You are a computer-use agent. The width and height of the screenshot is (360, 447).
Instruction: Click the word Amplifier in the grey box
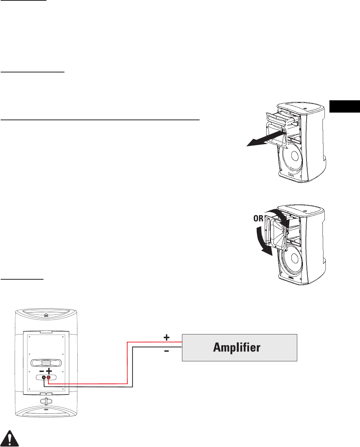pos(237,347)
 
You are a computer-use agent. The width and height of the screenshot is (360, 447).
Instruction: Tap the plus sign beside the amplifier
pos(166,338)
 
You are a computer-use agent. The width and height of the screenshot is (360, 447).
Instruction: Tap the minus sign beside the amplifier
pos(166,351)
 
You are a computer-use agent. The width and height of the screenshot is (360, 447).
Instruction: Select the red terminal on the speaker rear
pos(48,378)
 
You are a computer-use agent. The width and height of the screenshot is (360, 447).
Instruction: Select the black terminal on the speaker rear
pos(44,378)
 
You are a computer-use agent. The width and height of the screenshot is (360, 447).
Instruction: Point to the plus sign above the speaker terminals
pos(49,371)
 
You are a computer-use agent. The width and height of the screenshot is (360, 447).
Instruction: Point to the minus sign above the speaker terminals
pos(42,371)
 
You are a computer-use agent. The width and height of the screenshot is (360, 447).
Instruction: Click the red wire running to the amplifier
pos(128,362)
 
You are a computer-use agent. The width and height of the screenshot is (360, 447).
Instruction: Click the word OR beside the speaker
pos(258,218)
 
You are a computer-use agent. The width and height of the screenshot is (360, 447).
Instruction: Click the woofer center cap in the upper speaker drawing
pos(294,155)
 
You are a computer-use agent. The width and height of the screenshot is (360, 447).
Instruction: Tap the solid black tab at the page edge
pos(345,106)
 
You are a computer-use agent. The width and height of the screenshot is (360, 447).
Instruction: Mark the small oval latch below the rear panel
pos(46,401)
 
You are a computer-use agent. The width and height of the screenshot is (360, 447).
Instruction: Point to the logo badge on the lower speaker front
pos(291,279)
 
